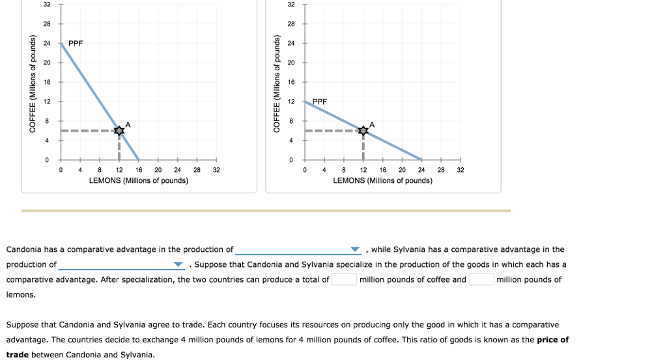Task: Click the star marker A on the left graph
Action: coord(119,131)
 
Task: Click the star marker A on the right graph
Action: coord(363,131)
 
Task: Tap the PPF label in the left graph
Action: coord(76,44)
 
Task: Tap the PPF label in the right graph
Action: coord(320,102)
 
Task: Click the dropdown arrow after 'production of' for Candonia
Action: coord(355,250)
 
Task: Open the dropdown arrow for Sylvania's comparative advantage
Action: coord(178,265)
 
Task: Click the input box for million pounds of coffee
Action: coord(344,280)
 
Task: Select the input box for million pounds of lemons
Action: coord(481,280)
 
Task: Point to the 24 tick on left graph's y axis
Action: coord(47,43)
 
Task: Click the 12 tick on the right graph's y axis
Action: coord(291,102)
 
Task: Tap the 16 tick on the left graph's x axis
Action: coord(139,169)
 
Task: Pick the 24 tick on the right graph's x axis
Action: coord(421,169)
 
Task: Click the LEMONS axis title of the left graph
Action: coord(139,180)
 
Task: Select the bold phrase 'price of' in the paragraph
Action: coord(553,340)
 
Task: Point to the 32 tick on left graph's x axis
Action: coord(217,169)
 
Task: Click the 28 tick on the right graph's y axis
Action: coord(291,23)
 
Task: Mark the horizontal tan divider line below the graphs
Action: coord(266,210)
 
